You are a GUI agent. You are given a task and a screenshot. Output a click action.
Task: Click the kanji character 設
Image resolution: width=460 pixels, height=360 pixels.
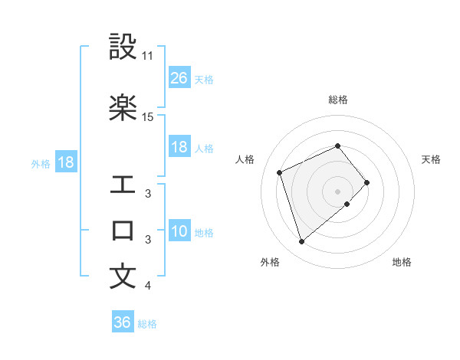(123, 47)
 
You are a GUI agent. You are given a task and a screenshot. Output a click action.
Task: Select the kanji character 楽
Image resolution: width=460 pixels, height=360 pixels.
(123, 107)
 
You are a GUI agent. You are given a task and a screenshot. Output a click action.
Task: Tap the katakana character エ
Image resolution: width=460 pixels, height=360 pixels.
(123, 185)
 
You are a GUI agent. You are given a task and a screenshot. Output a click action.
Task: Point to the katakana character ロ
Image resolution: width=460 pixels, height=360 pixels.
(123, 231)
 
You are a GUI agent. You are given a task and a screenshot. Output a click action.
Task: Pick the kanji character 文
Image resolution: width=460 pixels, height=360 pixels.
(123, 277)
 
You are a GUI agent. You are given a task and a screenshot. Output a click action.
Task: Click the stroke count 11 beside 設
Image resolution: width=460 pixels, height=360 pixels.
(147, 56)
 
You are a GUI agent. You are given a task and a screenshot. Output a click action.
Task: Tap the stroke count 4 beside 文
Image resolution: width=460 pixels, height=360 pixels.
(147, 286)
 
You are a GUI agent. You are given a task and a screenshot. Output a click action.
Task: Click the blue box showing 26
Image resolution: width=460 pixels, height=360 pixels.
(179, 78)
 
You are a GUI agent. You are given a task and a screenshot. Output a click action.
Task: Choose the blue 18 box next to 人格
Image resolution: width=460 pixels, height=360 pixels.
(179, 148)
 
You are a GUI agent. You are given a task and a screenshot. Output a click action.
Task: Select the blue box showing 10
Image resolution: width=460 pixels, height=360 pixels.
(179, 232)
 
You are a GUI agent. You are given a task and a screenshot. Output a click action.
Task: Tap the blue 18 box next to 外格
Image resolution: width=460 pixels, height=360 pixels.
(65, 163)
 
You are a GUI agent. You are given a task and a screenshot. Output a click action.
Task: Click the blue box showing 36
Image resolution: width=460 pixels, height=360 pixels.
(123, 322)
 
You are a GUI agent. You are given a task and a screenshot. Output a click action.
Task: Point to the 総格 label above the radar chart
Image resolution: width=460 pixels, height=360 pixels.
(338, 100)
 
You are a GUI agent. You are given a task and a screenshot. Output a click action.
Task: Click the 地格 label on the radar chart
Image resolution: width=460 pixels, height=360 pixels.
(402, 263)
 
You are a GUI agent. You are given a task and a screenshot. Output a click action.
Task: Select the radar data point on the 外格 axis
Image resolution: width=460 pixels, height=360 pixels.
(301, 242)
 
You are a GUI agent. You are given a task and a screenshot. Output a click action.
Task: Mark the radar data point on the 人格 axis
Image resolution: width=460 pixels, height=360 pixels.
(281, 172)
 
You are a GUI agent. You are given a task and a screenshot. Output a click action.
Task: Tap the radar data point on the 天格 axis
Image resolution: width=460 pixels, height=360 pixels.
(367, 182)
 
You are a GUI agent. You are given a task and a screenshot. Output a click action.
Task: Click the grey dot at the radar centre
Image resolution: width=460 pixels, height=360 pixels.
(338, 191)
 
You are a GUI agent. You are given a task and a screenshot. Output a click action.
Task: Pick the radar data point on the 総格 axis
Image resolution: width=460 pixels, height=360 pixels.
(338, 146)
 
